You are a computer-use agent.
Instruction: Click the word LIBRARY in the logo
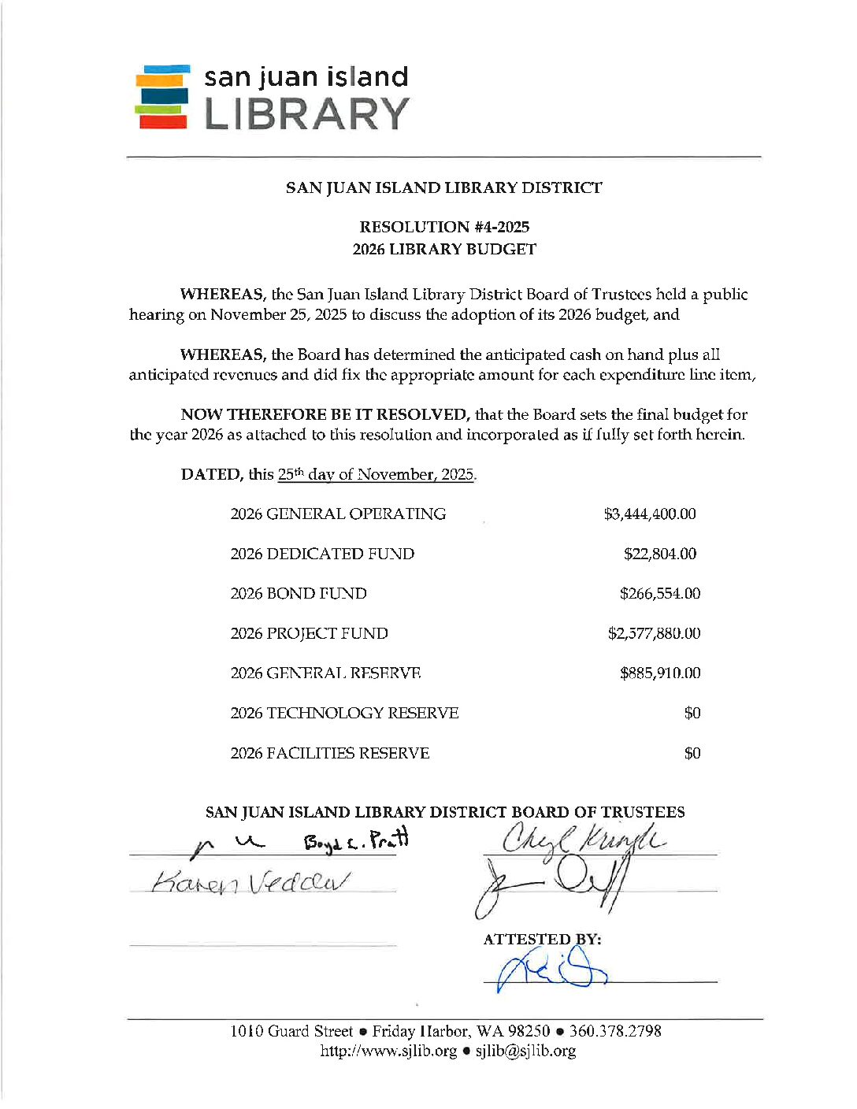pyautogui.click(x=306, y=114)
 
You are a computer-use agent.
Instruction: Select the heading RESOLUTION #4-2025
pyautogui.click(x=444, y=227)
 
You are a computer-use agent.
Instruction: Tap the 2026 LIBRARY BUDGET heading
pyautogui.click(x=444, y=249)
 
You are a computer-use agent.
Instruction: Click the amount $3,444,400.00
pyautogui.click(x=650, y=514)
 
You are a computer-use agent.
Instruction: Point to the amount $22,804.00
pyautogui.click(x=660, y=554)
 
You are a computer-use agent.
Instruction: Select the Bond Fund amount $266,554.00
pyautogui.click(x=660, y=594)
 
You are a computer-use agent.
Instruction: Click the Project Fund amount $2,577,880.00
pyautogui.click(x=654, y=633)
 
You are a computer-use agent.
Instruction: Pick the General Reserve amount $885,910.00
pyautogui.click(x=660, y=673)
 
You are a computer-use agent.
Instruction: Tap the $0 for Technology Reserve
pyautogui.click(x=692, y=713)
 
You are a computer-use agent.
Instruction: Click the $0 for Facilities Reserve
pyautogui.click(x=692, y=753)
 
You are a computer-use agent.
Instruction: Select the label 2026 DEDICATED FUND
pyautogui.click(x=322, y=554)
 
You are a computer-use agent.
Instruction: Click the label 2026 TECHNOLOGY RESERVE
pyautogui.click(x=344, y=713)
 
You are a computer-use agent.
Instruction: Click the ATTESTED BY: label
pyautogui.click(x=542, y=939)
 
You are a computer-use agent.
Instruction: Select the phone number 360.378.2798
pyautogui.click(x=615, y=1031)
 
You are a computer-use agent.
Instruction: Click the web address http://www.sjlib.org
pyautogui.click(x=388, y=1051)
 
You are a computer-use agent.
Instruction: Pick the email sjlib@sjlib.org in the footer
pyautogui.click(x=525, y=1051)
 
